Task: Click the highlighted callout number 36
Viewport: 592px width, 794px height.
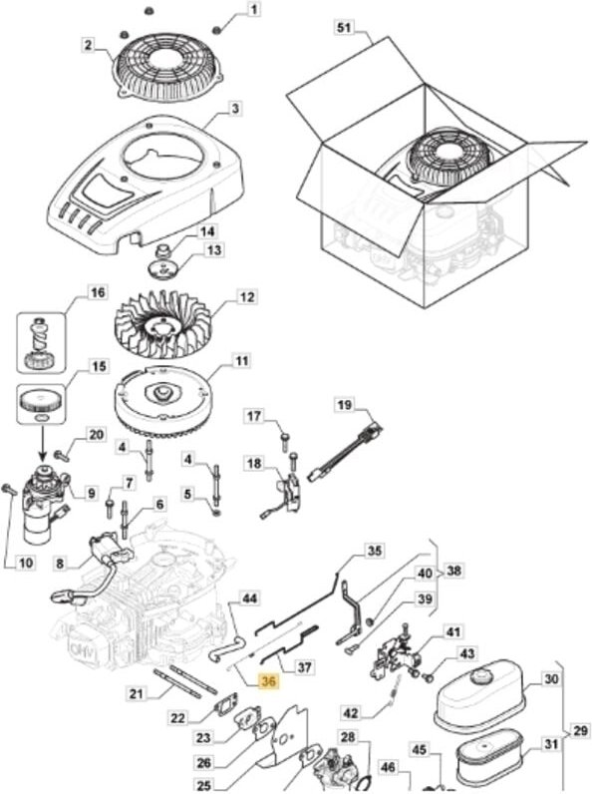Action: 268,681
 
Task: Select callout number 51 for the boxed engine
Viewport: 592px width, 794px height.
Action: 344,27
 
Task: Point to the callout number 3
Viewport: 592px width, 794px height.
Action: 235,109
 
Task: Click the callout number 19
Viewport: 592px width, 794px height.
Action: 344,405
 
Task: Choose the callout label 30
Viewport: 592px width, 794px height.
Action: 550,678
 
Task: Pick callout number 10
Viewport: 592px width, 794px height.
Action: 26,562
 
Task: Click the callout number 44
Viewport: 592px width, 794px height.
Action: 249,598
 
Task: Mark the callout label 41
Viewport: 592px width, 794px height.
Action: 452,632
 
